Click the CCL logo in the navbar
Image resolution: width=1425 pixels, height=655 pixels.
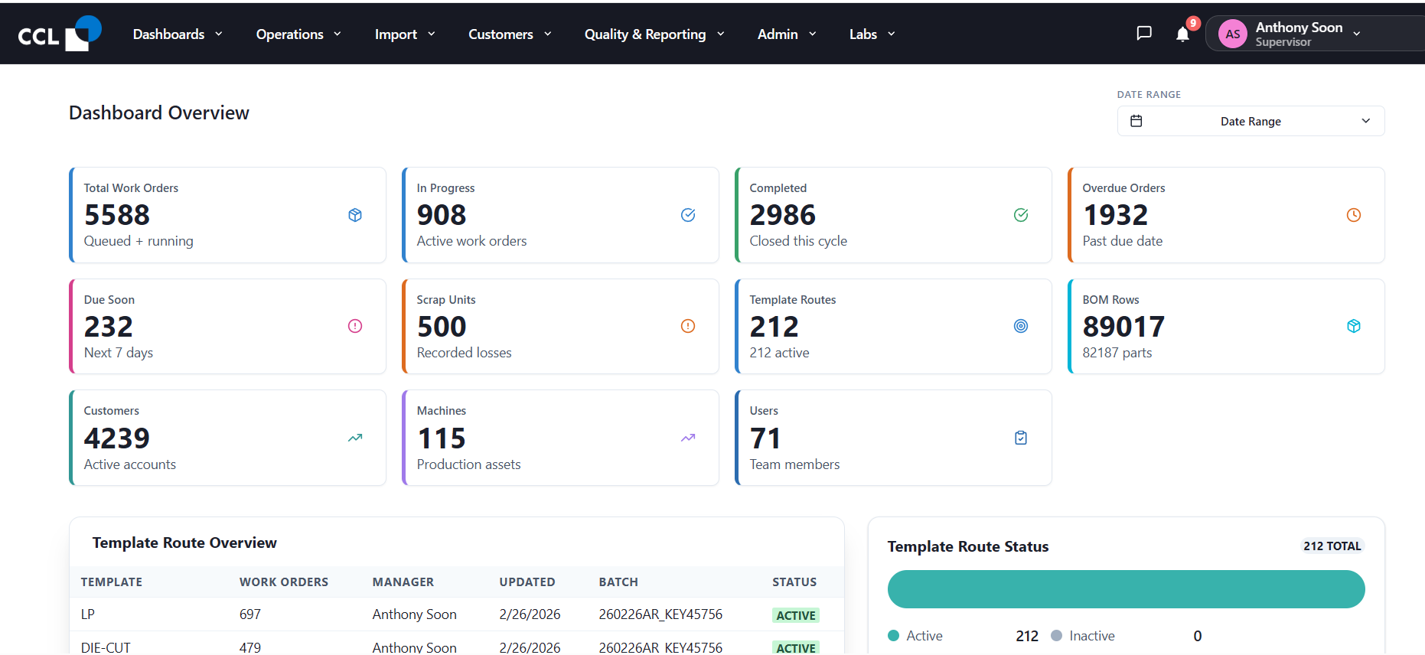point(60,34)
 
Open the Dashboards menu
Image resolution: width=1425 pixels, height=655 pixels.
point(178,34)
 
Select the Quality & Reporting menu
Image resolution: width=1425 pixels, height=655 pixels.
point(654,34)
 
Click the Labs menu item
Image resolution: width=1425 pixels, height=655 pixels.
point(872,34)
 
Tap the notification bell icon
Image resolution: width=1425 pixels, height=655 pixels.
point(1182,34)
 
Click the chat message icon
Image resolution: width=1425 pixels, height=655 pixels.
point(1144,33)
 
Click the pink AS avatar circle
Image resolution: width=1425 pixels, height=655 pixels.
point(1232,34)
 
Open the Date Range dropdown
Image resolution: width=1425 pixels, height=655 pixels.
point(1251,121)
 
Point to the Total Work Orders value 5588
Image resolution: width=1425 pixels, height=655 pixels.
point(117,215)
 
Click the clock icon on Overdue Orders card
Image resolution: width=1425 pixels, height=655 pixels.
point(1353,215)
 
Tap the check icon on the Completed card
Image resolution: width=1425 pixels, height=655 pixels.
point(1020,215)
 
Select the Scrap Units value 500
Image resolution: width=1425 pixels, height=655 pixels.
point(442,327)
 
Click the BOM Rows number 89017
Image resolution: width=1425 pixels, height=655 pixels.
point(1123,327)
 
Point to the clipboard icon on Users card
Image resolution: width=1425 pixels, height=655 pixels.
point(1020,438)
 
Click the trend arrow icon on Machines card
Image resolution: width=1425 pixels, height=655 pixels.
point(687,438)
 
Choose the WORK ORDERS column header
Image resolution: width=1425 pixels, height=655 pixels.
point(284,582)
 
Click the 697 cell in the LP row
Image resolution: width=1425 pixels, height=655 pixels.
point(250,614)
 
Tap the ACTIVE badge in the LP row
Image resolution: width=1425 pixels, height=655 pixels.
point(796,615)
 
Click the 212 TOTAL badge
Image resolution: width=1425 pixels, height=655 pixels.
point(1332,546)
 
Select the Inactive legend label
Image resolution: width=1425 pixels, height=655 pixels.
point(1092,636)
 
